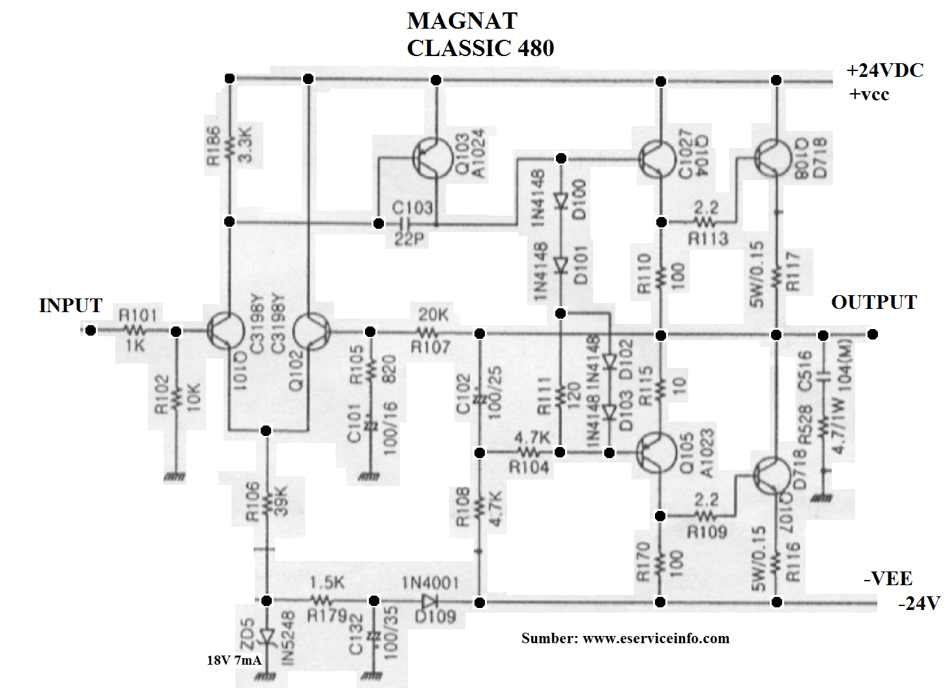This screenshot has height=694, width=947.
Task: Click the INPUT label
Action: point(70,305)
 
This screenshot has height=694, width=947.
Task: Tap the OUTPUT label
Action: point(873,302)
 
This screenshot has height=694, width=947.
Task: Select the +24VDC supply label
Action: point(884,70)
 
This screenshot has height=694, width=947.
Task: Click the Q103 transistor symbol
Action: point(430,158)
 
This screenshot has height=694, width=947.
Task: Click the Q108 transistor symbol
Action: point(772,158)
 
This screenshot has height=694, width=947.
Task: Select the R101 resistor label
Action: point(138,315)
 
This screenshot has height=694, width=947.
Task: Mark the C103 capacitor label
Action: point(412,208)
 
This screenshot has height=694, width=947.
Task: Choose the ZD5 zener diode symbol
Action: point(266,635)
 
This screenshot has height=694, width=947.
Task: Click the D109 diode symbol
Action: point(430,601)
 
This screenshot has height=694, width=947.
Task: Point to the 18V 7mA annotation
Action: point(234,660)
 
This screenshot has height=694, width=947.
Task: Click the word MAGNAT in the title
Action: point(462,21)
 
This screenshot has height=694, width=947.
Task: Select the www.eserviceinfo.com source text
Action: point(656,638)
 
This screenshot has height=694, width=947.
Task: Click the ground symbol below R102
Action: point(175,477)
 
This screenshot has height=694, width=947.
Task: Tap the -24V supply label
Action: point(919,603)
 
